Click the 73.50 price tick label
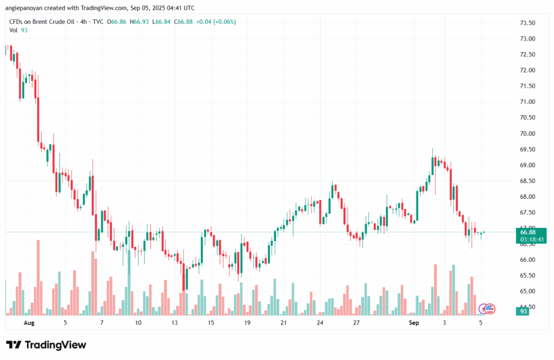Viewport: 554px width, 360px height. pyautogui.click(x=527, y=23)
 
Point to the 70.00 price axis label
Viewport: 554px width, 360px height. pyautogui.click(x=527, y=133)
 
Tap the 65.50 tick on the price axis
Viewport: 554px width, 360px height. pyautogui.click(x=527, y=276)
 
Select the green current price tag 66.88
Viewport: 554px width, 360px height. pyautogui.click(x=527, y=232)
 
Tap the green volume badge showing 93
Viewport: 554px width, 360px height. pyautogui.click(x=524, y=311)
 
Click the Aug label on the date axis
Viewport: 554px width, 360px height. pyautogui.click(x=29, y=322)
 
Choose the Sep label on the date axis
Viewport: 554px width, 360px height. pyautogui.click(x=414, y=322)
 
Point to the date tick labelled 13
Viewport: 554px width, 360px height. pyautogui.click(x=174, y=322)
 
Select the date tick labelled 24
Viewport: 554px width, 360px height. pyautogui.click(x=320, y=322)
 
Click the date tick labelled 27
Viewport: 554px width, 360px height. pyautogui.click(x=356, y=322)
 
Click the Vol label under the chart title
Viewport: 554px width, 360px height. pyautogui.click(x=13, y=30)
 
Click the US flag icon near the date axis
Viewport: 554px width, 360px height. pyautogui.click(x=489, y=309)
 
